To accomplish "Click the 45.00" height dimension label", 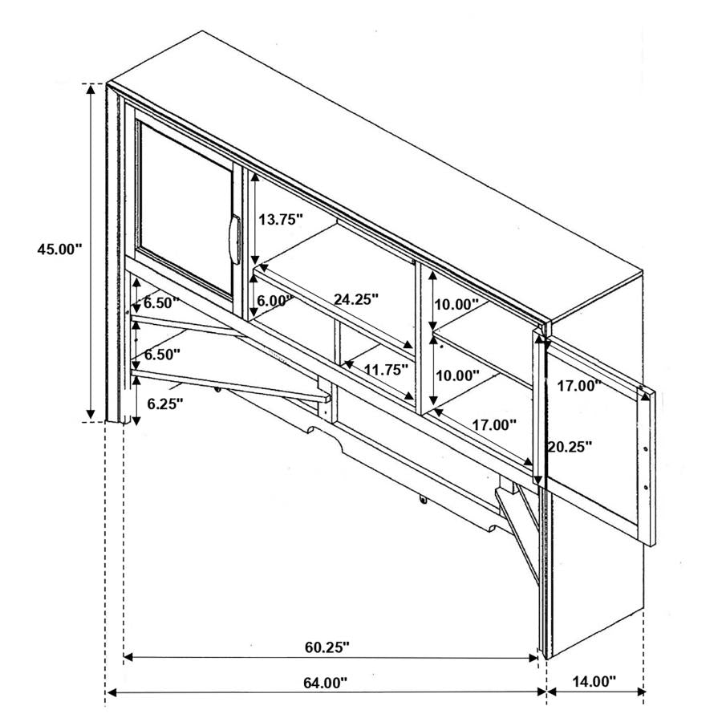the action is click(x=59, y=249).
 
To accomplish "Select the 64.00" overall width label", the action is click(x=325, y=683).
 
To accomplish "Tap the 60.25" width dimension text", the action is click(x=327, y=647).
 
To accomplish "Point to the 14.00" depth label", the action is click(x=594, y=681).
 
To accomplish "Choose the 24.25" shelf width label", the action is click(x=356, y=299).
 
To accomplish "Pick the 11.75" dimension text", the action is click(x=386, y=369).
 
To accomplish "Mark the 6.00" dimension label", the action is click(x=275, y=301).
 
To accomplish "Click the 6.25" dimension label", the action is click(x=164, y=404).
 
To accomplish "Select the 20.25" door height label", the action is click(x=569, y=446).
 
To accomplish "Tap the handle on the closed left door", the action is click(x=235, y=239).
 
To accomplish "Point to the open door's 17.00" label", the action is click(x=579, y=385).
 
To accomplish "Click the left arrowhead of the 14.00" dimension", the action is click(x=552, y=692).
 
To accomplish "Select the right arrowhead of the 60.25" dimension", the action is click(x=533, y=657).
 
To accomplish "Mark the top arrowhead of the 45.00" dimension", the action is click(x=91, y=90).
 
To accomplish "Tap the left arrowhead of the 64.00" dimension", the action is click(x=111, y=692).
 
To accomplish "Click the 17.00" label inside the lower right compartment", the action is click(x=494, y=424).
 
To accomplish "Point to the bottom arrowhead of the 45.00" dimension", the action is click(x=91, y=415).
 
